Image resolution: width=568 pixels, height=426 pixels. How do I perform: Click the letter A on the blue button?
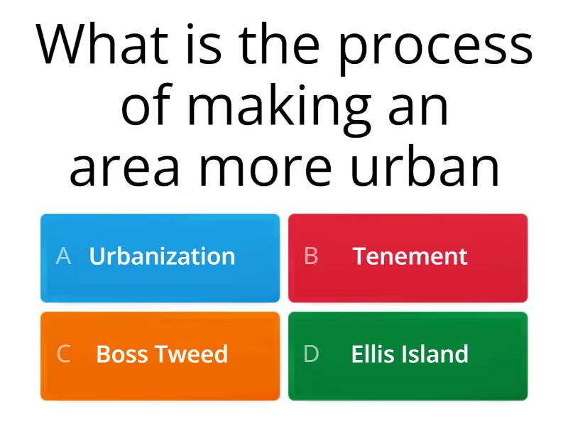pyautogui.click(x=63, y=256)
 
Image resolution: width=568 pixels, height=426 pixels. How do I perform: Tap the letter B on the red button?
pyautogui.click(x=311, y=256)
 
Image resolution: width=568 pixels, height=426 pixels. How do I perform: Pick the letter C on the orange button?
pyautogui.click(x=63, y=354)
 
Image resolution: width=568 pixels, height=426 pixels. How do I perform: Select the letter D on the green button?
pyautogui.click(x=311, y=354)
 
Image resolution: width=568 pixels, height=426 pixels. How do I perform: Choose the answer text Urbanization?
pyautogui.click(x=162, y=256)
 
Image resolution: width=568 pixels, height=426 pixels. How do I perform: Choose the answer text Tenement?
pyautogui.click(x=410, y=256)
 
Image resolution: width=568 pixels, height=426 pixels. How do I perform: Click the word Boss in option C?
pyautogui.click(x=121, y=354)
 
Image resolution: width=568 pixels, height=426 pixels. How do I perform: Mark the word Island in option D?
pyautogui.click(x=437, y=354)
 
